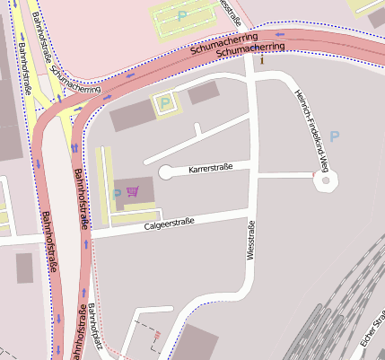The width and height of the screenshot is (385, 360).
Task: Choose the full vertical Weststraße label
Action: tap(250, 241)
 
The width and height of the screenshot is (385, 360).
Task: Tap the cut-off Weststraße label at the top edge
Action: tap(232, 11)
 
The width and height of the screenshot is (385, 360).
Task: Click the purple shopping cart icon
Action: tap(133, 190)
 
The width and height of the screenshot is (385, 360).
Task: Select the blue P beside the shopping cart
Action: tap(117, 194)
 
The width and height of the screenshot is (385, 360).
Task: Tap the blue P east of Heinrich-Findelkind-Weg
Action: tap(335, 136)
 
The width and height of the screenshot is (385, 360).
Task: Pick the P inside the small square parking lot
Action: tap(164, 103)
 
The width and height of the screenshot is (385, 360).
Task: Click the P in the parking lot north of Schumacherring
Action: tap(183, 15)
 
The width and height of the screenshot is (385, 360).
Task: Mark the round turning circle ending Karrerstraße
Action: tap(167, 172)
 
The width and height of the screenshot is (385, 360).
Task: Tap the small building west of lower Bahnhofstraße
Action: tap(24, 267)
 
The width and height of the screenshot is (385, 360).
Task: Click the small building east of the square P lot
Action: tap(203, 92)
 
